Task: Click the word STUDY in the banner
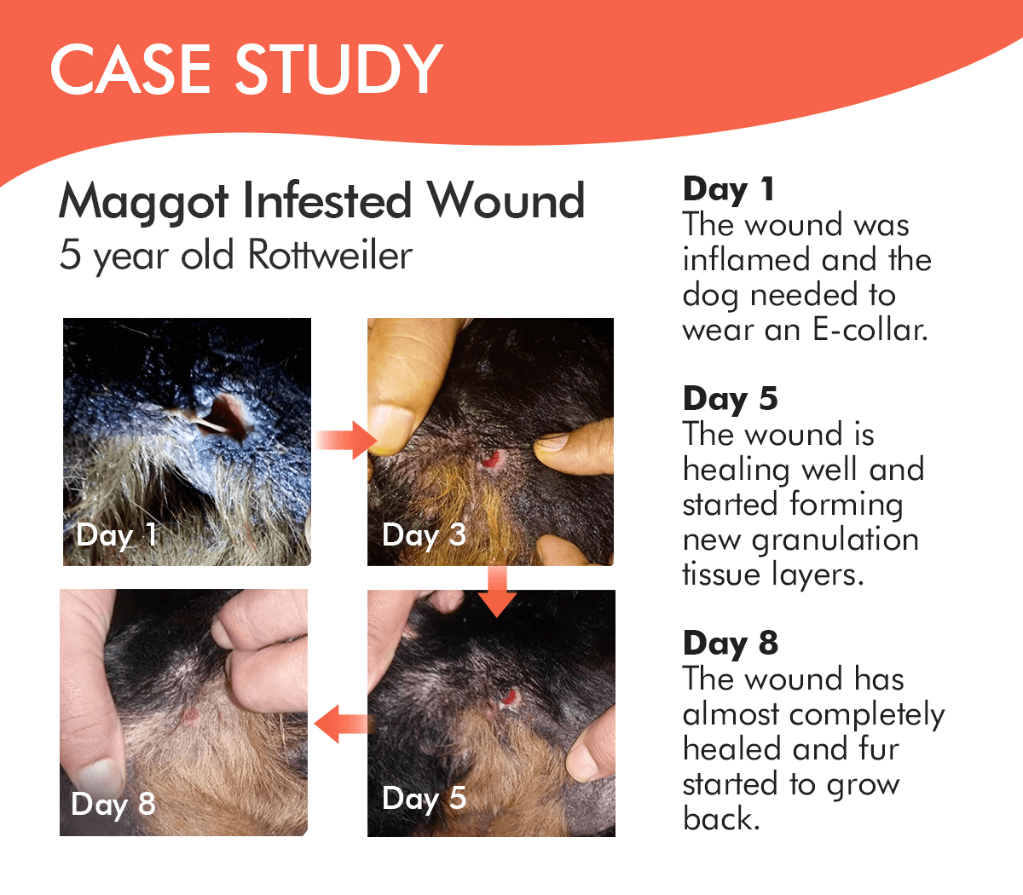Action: tap(339, 69)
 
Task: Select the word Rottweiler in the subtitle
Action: tap(330, 255)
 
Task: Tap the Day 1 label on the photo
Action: tap(117, 535)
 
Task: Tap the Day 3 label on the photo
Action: tap(424, 535)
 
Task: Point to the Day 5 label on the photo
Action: tap(424, 799)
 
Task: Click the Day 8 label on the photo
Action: tap(113, 805)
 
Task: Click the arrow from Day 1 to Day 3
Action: tap(346, 440)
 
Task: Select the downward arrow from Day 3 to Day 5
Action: tap(496, 592)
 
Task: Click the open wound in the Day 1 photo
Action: tap(224, 417)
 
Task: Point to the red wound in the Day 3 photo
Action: tap(491, 459)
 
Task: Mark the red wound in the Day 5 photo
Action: tap(510, 696)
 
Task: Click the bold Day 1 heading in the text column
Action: tap(729, 189)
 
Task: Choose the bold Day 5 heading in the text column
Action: tap(730, 399)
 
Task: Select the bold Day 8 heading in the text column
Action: tap(731, 643)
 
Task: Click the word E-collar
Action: tap(870, 330)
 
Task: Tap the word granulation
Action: tap(835, 541)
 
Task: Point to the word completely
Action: tap(867, 716)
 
